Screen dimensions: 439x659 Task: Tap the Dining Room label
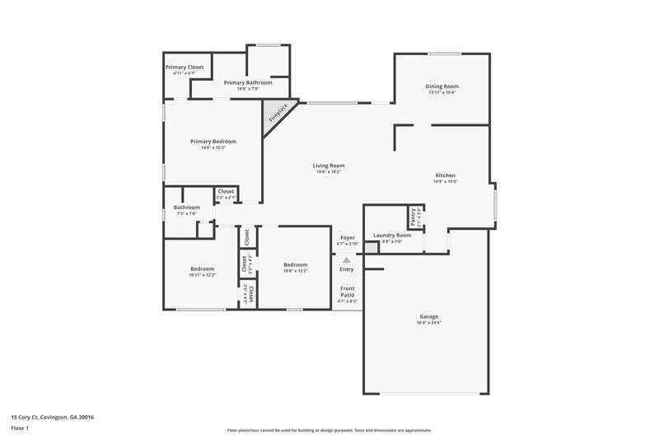(x=442, y=86)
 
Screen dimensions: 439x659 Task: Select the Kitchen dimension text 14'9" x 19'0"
(x=445, y=181)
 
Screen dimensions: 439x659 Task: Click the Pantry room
(x=412, y=217)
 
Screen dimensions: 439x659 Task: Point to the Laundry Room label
(x=392, y=235)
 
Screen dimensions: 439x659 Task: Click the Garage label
(x=428, y=316)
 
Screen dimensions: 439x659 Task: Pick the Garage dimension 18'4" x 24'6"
(x=428, y=323)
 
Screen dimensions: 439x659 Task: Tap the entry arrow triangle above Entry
(x=347, y=259)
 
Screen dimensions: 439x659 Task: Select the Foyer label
(x=348, y=237)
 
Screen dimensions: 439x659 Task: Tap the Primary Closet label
(x=185, y=67)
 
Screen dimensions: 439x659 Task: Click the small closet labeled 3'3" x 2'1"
(x=226, y=194)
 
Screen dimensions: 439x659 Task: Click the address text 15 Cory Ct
(x=52, y=418)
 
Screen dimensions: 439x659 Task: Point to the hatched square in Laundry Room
(x=372, y=245)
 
